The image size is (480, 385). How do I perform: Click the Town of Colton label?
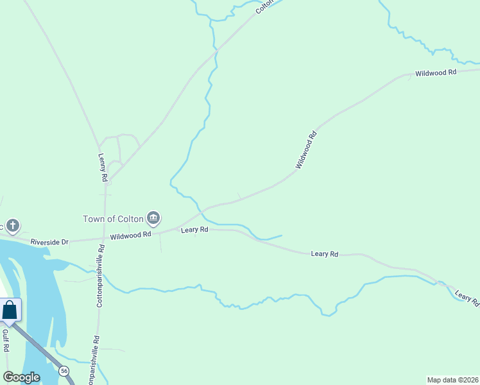pyautogui.click(x=113, y=218)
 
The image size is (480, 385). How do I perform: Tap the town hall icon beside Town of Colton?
pyautogui.click(x=153, y=218)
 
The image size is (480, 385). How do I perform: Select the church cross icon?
pyautogui.click(x=13, y=226)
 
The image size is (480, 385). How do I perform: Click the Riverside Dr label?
pyautogui.click(x=49, y=242)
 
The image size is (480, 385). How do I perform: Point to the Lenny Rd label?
pyautogui.click(x=102, y=166)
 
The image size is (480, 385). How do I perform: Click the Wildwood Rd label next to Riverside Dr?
pyautogui.click(x=130, y=235)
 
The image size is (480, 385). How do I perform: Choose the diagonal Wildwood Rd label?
pyautogui.click(x=306, y=150)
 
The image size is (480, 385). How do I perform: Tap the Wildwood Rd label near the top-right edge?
pyautogui.click(x=435, y=73)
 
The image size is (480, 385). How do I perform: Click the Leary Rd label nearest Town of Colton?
pyautogui.click(x=194, y=229)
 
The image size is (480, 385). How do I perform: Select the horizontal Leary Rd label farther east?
pyautogui.click(x=324, y=254)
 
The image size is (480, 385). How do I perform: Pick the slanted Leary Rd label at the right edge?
pyautogui.click(x=467, y=298)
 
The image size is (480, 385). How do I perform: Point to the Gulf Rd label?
pyautogui.click(x=5, y=340)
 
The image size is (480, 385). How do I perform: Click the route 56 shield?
pyautogui.click(x=64, y=371)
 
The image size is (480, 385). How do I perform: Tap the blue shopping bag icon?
pyautogui.click(x=10, y=310)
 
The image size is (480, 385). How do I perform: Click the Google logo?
pyautogui.click(x=21, y=377)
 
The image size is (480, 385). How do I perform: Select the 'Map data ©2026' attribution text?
pyautogui.click(x=453, y=379)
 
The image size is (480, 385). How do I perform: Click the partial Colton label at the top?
pyautogui.click(x=264, y=6)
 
